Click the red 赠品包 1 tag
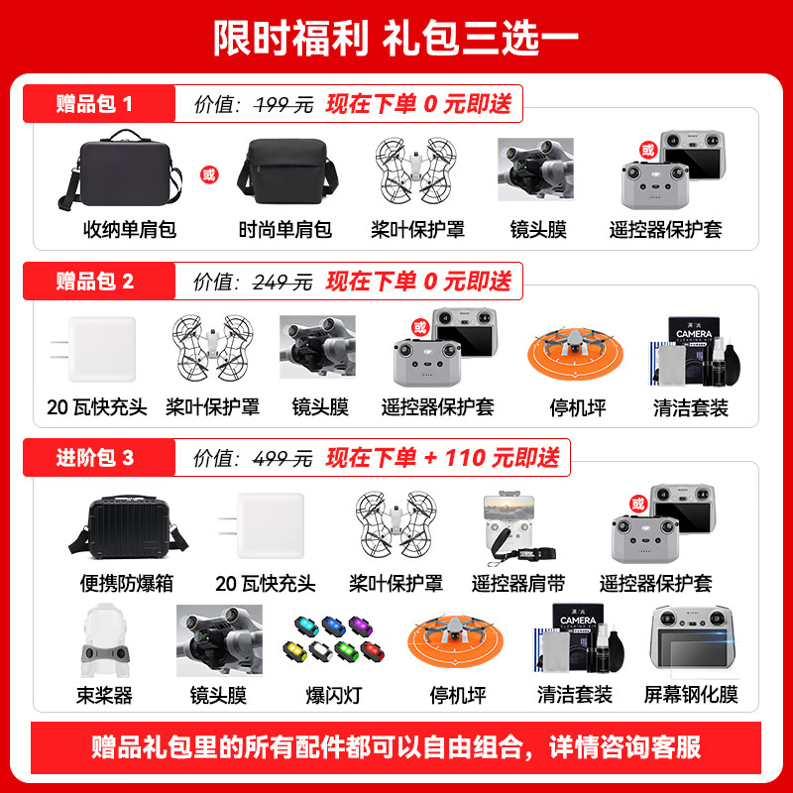click(x=94, y=104)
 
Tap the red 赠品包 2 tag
click(x=94, y=282)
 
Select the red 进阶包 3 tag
click(x=94, y=457)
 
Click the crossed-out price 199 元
click(x=283, y=104)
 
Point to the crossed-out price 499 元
click(x=283, y=457)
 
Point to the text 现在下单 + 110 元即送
click(x=442, y=457)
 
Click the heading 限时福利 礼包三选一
click(x=396, y=38)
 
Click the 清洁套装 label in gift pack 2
click(x=690, y=407)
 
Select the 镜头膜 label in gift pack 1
click(x=538, y=230)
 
